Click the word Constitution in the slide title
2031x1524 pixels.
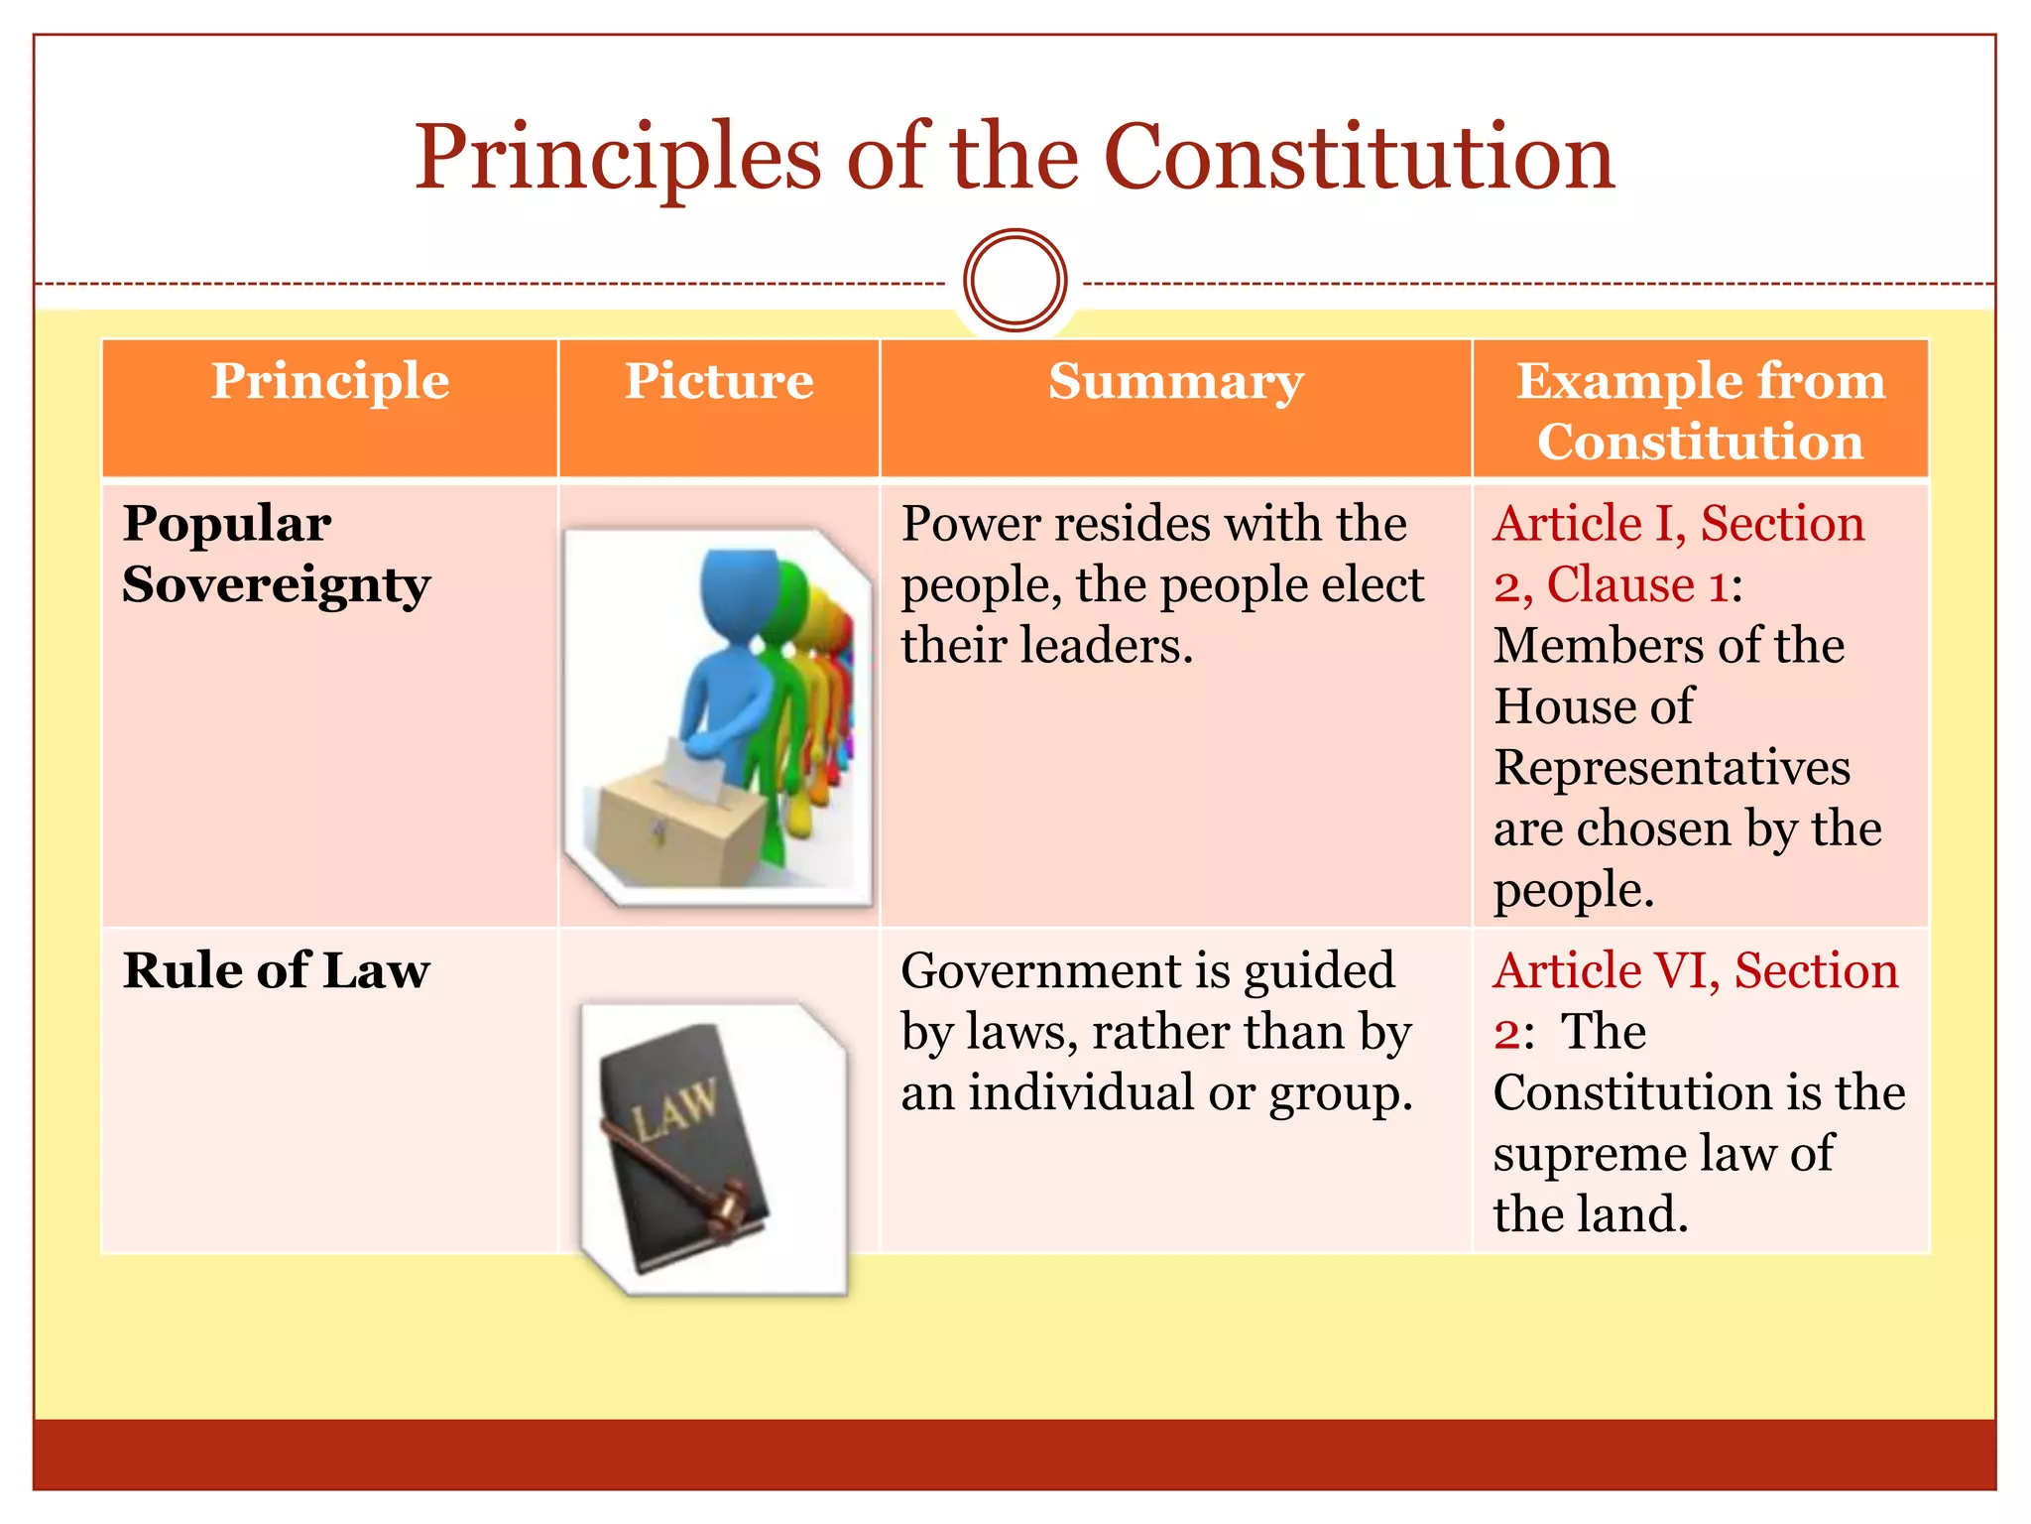coord(1359,159)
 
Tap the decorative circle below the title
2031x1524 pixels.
coord(1015,281)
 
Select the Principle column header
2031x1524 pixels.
coord(330,382)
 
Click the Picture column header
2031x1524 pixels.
coord(719,382)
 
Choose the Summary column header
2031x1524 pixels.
coord(1175,382)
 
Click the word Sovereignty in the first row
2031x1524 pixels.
coord(277,585)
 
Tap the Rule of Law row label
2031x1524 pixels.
coord(277,970)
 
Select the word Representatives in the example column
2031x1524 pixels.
coord(1672,768)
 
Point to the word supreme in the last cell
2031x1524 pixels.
coord(1587,1154)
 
